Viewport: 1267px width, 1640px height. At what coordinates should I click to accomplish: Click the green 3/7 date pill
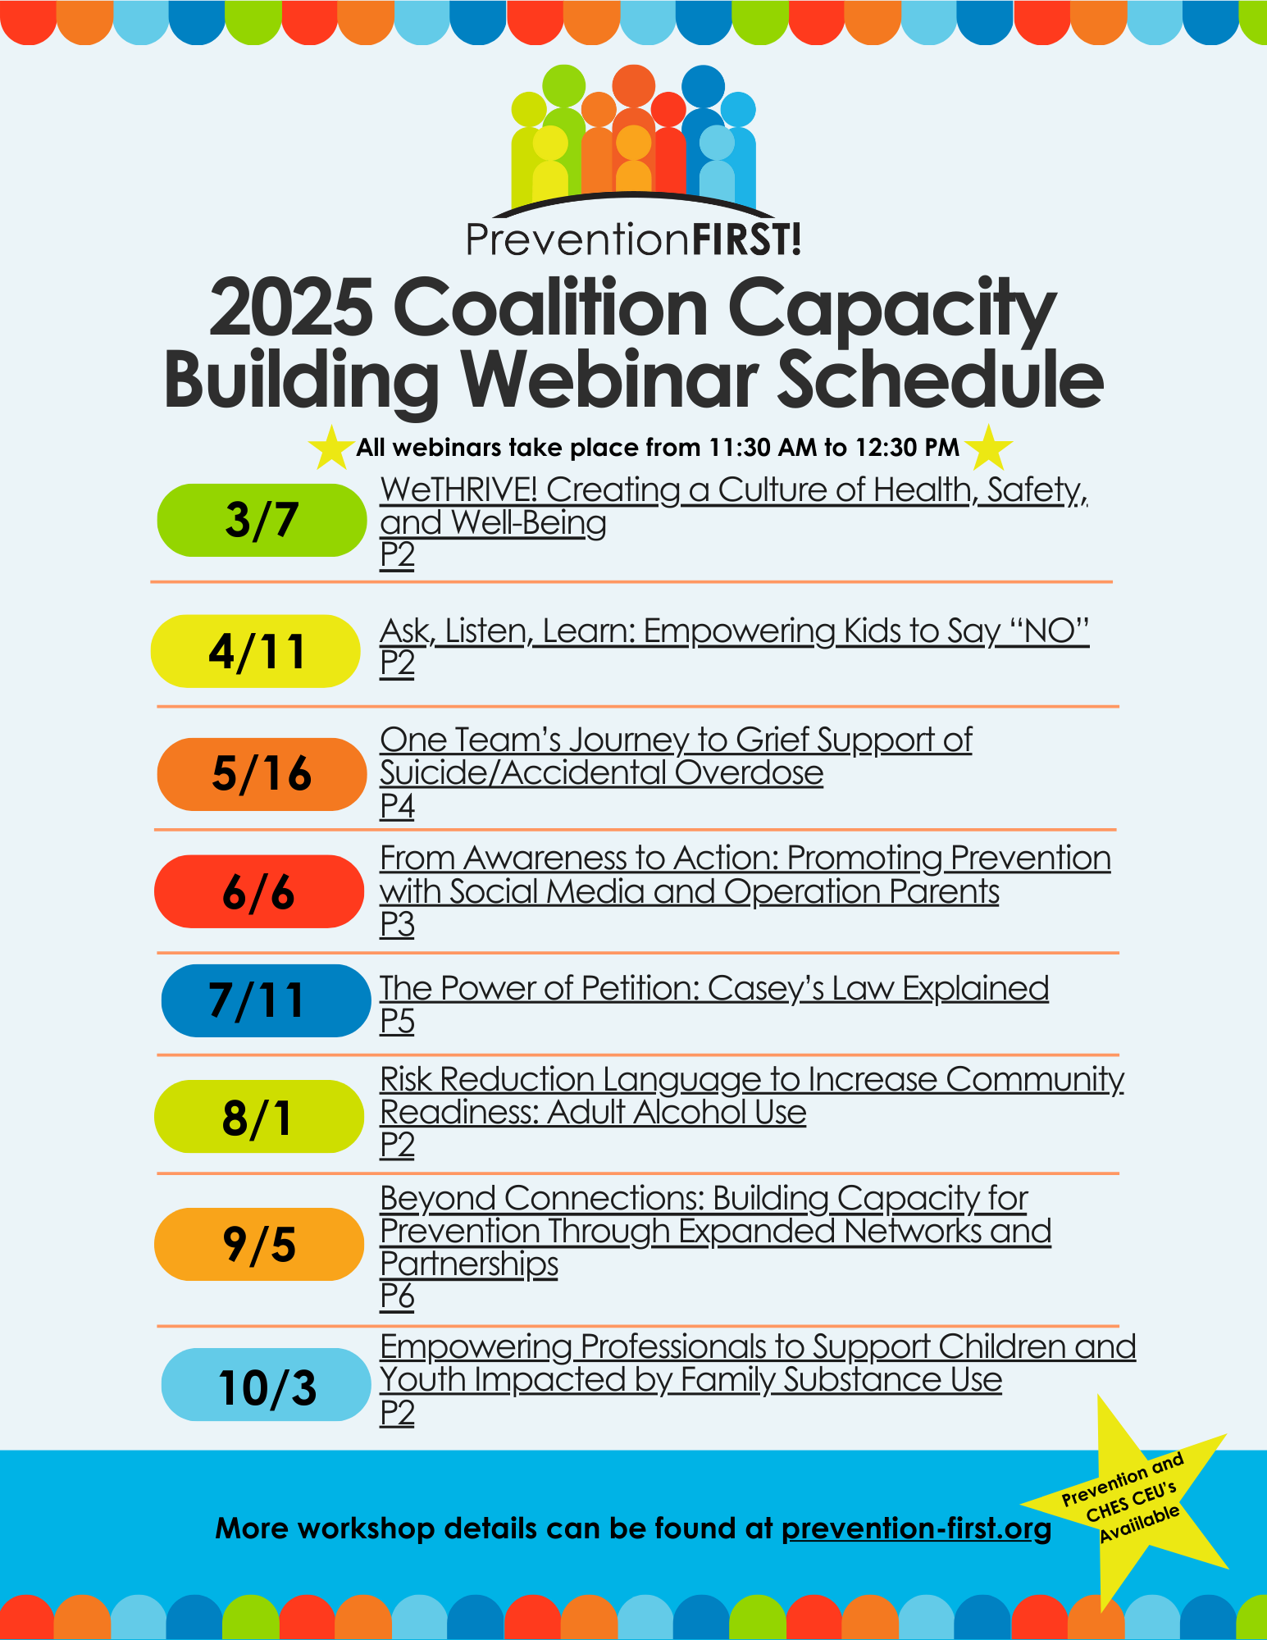261,520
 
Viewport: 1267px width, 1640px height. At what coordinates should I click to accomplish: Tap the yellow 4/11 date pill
255,651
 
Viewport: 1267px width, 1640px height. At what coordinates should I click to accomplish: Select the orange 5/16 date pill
261,774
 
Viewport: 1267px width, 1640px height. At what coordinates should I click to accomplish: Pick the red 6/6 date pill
258,891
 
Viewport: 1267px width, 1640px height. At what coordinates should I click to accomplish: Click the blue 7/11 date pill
265,1000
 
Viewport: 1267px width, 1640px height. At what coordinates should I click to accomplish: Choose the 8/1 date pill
258,1117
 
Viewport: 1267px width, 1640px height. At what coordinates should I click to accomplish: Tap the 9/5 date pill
258,1244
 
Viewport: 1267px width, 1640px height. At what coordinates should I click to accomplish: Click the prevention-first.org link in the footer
916,1528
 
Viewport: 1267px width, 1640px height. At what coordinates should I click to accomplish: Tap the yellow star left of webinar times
330,448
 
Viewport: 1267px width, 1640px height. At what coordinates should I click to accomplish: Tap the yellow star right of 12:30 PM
989,448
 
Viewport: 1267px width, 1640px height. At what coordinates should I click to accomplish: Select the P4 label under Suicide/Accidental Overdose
397,806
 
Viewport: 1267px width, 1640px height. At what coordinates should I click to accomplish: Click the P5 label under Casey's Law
397,1021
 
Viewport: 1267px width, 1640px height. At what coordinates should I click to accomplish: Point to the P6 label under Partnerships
397,1296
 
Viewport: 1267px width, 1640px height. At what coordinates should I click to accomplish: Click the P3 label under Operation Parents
397,924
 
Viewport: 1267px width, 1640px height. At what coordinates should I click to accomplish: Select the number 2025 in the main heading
292,308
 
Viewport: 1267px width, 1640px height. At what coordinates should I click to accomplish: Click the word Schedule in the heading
939,380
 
